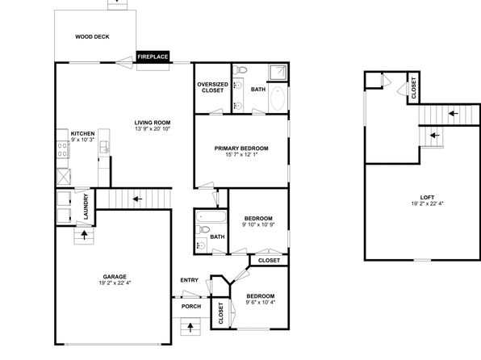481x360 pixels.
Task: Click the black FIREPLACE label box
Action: tap(153, 57)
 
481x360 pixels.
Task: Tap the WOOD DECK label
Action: tap(92, 37)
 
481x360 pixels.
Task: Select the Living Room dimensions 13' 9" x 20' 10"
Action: tap(153, 129)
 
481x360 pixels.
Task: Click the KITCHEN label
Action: tap(83, 133)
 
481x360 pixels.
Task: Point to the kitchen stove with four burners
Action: tap(63, 150)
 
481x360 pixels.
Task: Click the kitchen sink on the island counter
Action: tap(103, 147)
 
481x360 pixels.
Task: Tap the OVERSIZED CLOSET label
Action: tap(212, 87)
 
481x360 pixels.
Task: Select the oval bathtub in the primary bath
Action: tap(278, 98)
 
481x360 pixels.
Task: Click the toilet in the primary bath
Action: tap(240, 70)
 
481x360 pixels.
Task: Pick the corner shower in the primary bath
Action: tap(278, 73)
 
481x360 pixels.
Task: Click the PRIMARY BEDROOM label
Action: tap(241, 149)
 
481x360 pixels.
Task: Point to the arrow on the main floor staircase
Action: tap(137, 199)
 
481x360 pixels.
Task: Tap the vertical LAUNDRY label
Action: tap(86, 207)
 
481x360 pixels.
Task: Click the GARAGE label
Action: tap(115, 277)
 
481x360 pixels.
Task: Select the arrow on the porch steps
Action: tap(190, 328)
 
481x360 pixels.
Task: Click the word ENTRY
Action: tap(190, 280)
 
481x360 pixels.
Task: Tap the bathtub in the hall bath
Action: tap(211, 216)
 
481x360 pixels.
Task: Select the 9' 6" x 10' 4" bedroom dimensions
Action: tap(261, 303)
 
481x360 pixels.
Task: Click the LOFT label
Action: tap(427, 197)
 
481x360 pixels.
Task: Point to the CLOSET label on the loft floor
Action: tap(414, 88)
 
